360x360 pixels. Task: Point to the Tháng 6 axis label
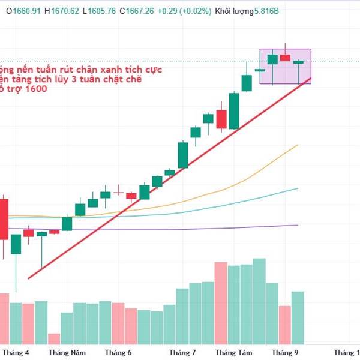pos(118,353)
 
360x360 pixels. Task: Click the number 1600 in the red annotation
pos(35,89)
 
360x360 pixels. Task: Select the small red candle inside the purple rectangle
pos(284,58)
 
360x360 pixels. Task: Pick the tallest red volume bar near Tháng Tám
pos(221,303)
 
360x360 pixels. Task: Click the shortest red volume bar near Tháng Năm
pos(55,339)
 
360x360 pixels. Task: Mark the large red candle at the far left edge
pos(4,219)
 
